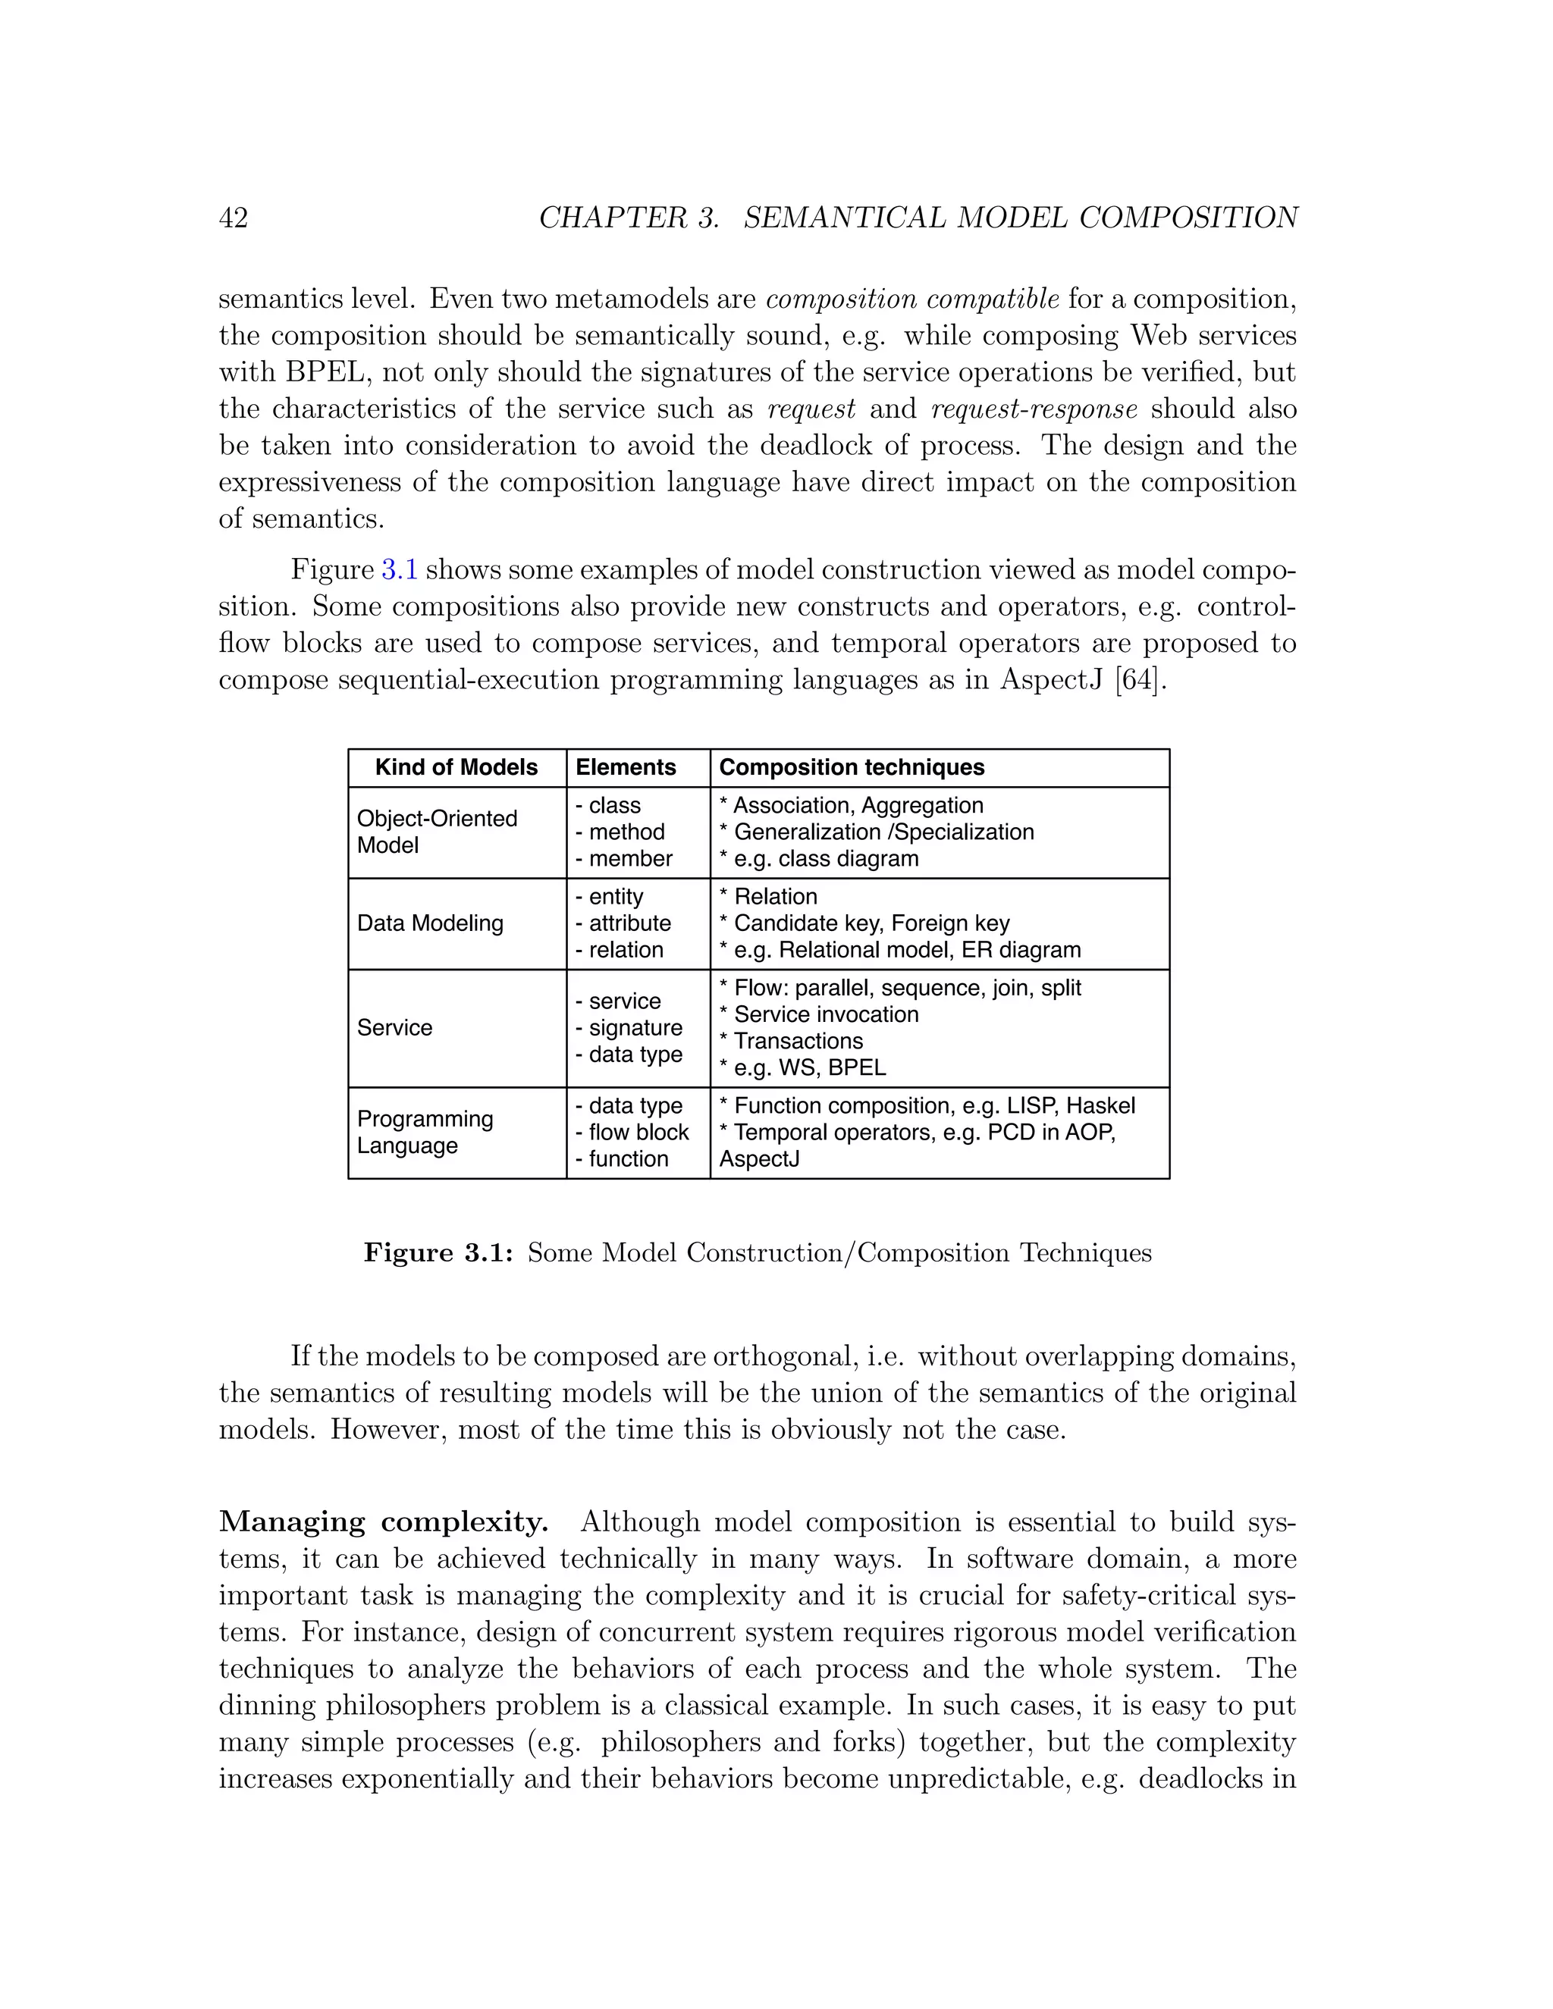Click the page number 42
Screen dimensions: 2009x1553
tap(233, 218)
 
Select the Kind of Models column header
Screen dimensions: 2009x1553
tap(456, 767)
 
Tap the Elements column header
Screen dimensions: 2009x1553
tap(626, 767)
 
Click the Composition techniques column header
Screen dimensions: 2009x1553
tap(851, 767)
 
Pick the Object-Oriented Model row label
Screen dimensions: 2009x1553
tap(436, 832)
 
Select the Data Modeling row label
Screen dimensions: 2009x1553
tap(430, 923)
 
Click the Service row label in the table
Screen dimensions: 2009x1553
tap(394, 1027)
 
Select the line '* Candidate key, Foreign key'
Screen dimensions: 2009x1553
tap(864, 923)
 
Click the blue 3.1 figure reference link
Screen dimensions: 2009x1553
tap(400, 569)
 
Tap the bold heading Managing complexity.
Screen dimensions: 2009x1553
tap(383, 1522)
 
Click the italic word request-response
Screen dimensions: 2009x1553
tap(1034, 409)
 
